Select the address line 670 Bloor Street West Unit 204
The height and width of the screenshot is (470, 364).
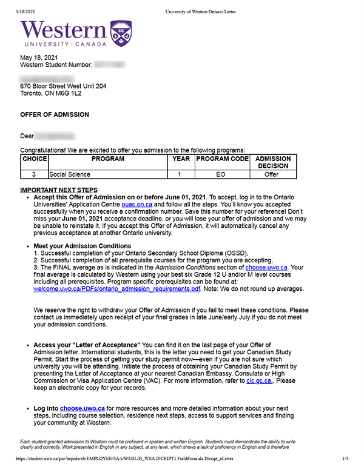pos(63,87)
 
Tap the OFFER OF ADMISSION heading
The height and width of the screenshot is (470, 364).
pos(55,115)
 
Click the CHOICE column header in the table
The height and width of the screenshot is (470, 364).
pos(34,159)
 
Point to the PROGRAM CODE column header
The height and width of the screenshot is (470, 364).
pos(222,159)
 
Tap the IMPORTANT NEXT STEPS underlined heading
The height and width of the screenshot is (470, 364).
pos(58,190)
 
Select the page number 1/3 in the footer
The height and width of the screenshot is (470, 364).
pos(344,460)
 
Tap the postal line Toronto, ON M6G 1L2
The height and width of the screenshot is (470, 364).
pos(50,94)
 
